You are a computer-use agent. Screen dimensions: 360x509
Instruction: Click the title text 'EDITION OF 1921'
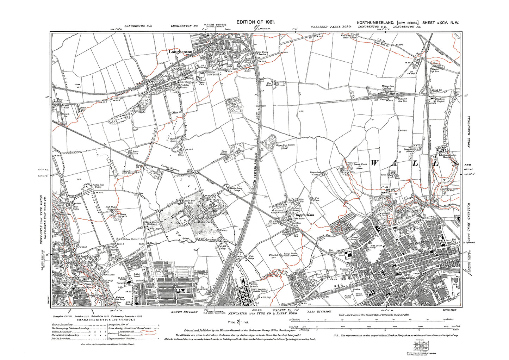point(255,22)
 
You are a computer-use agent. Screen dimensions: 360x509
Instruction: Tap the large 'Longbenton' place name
point(181,52)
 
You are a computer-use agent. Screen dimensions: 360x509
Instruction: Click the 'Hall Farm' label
point(398,177)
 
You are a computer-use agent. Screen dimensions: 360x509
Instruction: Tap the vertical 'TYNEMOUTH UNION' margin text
point(468,134)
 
